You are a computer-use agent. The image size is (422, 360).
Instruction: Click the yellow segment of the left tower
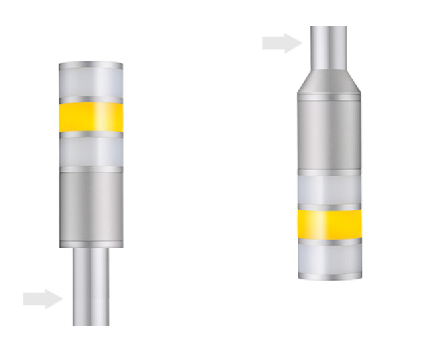point(91,116)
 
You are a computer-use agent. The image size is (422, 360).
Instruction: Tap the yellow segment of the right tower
point(329,222)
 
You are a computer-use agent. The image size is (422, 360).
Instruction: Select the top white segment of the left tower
point(91,83)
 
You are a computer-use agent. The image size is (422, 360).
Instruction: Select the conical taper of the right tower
point(329,80)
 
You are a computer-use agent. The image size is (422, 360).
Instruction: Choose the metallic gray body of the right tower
point(329,133)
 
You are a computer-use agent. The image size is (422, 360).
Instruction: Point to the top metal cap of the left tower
point(91,66)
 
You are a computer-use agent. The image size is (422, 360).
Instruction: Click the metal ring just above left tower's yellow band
point(91,100)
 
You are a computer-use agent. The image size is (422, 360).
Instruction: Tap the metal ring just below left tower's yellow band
point(91,134)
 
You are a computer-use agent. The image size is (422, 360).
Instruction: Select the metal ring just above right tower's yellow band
point(329,206)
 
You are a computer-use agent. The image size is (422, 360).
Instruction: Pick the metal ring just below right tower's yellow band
point(329,240)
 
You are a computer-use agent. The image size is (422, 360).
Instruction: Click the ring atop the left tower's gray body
point(91,169)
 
